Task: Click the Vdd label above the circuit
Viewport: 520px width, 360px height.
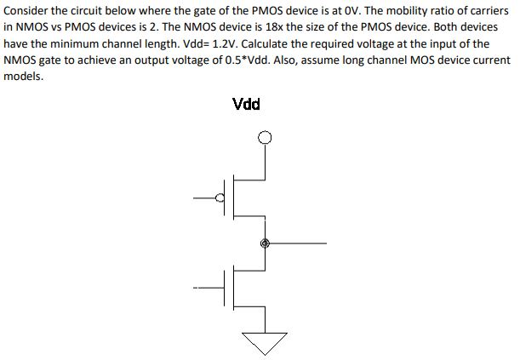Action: tap(246, 105)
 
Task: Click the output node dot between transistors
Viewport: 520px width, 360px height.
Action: tap(265, 243)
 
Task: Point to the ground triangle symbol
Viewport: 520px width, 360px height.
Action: tap(266, 340)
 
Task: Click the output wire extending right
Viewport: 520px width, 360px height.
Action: tap(298, 243)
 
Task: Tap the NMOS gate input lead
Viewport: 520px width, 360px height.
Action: tap(209, 286)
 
